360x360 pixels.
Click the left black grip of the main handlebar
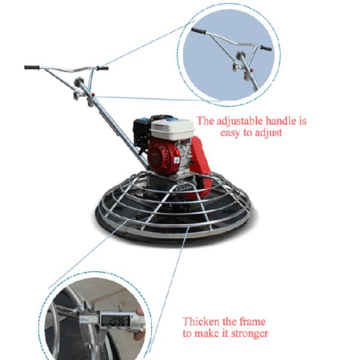point(32,67)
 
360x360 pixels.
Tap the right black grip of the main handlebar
point(103,68)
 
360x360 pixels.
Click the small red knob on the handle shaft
point(93,95)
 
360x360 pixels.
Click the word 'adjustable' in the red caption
point(239,121)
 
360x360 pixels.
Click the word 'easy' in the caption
point(230,133)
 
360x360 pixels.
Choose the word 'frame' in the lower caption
point(252,322)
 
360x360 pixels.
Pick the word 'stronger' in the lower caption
point(250,334)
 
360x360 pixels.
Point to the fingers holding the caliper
point(139,322)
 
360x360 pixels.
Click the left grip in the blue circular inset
point(199,31)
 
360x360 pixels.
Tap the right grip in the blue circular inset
point(266,48)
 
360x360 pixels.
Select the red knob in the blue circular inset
point(252,70)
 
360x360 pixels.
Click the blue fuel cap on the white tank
point(169,119)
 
